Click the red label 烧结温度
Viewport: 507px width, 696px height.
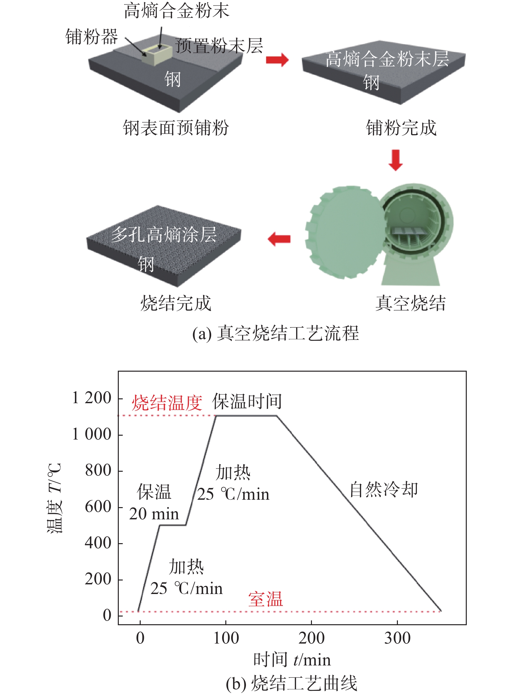(x=167, y=403)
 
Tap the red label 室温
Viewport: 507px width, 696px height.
(x=265, y=599)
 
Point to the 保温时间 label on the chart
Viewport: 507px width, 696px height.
(x=247, y=401)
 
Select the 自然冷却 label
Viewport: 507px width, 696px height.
(x=384, y=489)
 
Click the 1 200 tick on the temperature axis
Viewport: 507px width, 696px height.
(x=92, y=398)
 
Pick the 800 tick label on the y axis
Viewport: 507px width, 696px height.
(x=98, y=470)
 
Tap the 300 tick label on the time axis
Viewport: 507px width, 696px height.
(x=397, y=638)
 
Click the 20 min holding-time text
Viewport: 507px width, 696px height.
(x=154, y=514)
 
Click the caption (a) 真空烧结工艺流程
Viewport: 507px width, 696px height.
(x=275, y=333)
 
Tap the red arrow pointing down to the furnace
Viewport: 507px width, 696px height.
(x=395, y=160)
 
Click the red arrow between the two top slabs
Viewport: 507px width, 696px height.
(x=277, y=60)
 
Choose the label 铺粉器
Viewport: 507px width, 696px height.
(x=91, y=36)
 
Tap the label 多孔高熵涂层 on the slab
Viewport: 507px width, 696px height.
(x=164, y=234)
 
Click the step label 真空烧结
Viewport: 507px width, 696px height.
(x=410, y=303)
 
